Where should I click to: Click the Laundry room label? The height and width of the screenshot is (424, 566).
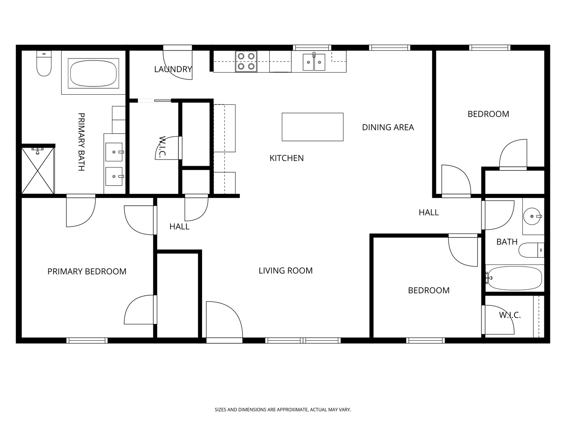[x=173, y=69]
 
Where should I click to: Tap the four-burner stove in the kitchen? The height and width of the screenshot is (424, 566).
[x=246, y=61]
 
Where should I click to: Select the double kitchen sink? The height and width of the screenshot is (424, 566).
[x=314, y=62]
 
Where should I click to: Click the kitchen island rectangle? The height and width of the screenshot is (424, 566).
[x=312, y=127]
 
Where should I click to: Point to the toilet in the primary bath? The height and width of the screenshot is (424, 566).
[x=44, y=63]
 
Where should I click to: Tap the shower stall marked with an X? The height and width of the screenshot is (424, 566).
[x=38, y=170]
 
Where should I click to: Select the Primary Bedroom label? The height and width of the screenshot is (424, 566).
[x=87, y=271]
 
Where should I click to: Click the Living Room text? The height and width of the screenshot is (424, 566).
[x=286, y=270]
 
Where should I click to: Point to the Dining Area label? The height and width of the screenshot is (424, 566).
[x=388, y=127]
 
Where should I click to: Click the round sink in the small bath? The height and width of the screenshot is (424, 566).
[x=532, y=216]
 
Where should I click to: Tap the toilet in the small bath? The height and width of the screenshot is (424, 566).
[x=531, y=250]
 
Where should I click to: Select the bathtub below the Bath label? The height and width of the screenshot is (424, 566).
[x=515, y=278]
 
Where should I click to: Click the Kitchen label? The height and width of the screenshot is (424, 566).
[x=287, y=158]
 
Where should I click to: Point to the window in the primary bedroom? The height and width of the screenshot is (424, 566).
[x=87, y=341]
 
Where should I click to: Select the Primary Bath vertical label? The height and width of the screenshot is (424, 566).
[x=81, y=142]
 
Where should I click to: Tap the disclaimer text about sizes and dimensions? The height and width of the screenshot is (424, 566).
[x=283, y=409]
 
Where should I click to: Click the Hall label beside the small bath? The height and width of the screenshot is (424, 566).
[x=428, y=212]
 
